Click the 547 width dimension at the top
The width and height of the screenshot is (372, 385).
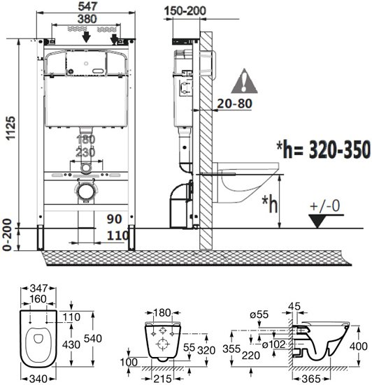tap(87, 6)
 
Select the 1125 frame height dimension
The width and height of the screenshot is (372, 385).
tap(10, 128)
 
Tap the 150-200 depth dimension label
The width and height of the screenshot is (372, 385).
tap(185, 11)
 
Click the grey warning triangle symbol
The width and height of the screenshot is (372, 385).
tap(244, 81)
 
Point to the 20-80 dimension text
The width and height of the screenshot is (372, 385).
tap(235, 103)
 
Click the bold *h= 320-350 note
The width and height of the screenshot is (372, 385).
tap(323, 150)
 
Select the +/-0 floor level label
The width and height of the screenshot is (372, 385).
tap(325, 205)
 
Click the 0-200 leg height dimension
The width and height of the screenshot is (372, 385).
tap(7, 235)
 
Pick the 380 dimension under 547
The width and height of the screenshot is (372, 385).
tap(87, 19)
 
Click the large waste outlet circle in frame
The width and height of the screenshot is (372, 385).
tap(85, 191)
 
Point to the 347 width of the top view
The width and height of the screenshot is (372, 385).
tap(38, 289)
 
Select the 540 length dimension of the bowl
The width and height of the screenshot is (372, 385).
tap(93, 338)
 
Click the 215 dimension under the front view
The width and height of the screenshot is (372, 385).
tap(162, 379)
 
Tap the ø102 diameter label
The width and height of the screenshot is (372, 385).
tap(273, 344)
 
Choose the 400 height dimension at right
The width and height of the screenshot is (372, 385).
tap(359, 346)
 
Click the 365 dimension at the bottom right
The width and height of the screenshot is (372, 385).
tap(312, 379)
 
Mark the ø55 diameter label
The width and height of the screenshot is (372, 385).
tap(259, 314)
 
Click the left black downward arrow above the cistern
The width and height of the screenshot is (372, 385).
tap(86, 36)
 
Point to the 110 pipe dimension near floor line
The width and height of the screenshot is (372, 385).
tap(117, 235)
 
